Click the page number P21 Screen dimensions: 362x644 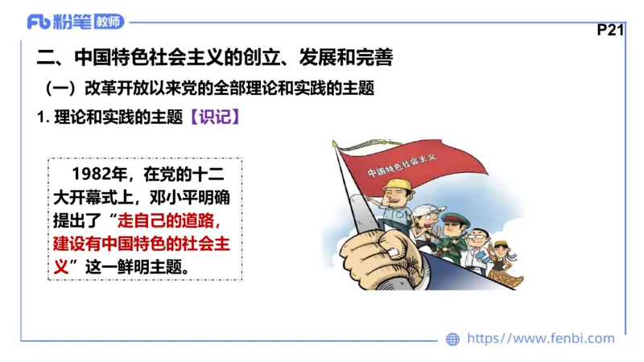pyautogui.click(x=611, y=31)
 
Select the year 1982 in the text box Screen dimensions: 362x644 pyautogui.click(x=93, y=174)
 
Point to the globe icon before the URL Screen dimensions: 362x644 pyautogui.click(x=453, y=339)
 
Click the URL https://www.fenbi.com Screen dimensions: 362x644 pyautogui.click(x=540, y=339)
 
